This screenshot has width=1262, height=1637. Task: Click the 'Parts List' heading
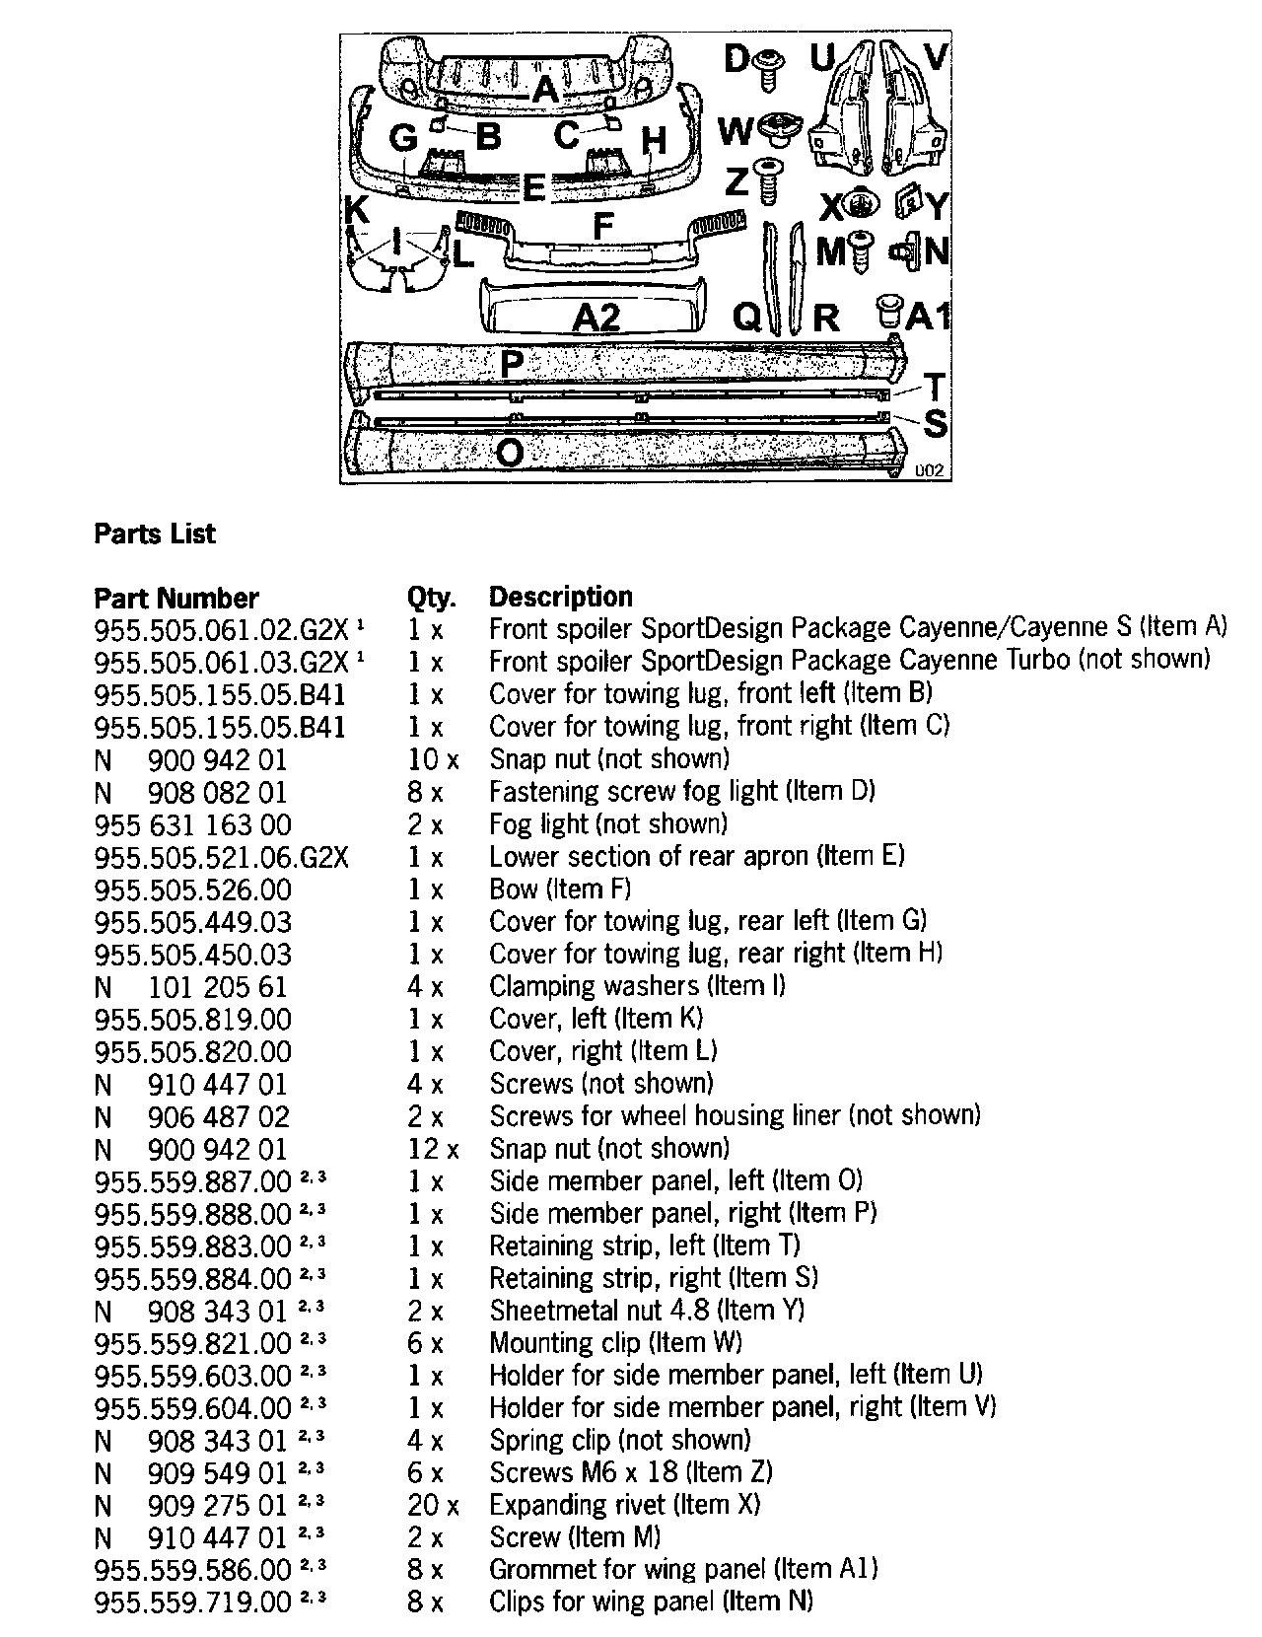click(x=155, y=534)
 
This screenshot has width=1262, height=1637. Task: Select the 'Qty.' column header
click(x=431, y=598)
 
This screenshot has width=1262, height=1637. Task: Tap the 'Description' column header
click(x=561, y=597)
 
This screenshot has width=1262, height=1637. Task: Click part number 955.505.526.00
click(x=193, y=890)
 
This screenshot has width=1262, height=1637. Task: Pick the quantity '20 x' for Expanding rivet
click(x=433, y=1506)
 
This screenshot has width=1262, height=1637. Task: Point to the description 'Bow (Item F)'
click(x=560, y=889)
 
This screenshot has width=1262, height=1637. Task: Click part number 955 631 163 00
click(x=193, y=824)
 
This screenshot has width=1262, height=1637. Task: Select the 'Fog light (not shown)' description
click(x=608, y=823)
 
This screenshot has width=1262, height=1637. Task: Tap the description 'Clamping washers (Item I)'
click(x=637, y=986)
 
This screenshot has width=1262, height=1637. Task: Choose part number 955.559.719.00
click(x=193, y=1601)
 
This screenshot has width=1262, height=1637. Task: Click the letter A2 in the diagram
click(x=596, y=318)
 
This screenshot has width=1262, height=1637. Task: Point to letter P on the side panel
click(x=512, y=364)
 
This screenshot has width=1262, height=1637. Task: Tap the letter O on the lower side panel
click(x=510, y=453)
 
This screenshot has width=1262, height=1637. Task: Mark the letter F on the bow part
click(x=602, y=227)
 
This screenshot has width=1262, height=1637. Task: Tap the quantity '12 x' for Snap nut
click(x=433, y=1149)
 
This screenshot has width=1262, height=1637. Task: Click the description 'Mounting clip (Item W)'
click(x=615, y=1343)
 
